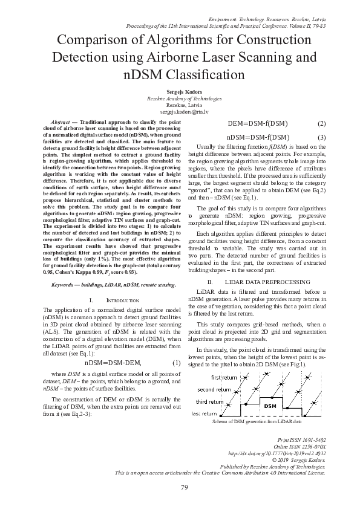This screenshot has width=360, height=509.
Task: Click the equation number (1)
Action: pos(176,363)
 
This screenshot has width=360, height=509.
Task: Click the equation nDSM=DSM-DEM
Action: pos(113,363)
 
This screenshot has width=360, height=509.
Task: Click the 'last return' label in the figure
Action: pos(203,413)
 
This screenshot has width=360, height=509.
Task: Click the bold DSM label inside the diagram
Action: pos(270,406)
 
